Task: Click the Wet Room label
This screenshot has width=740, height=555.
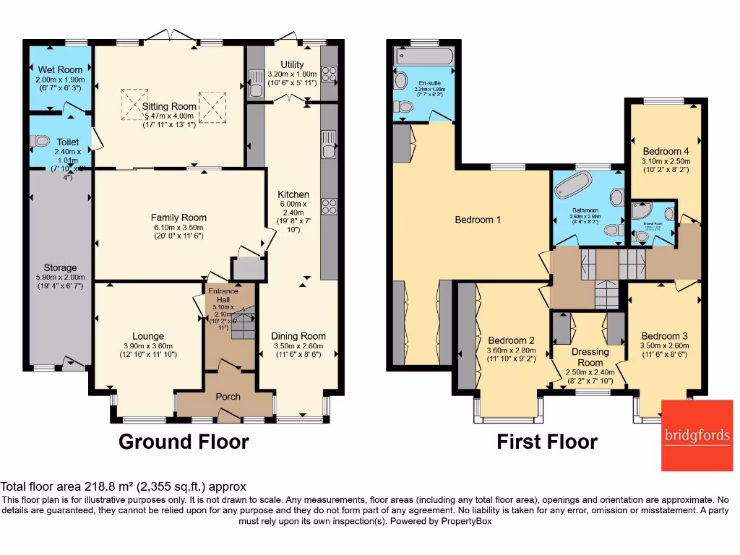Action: [60, 70]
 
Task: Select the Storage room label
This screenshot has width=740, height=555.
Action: [60, 267]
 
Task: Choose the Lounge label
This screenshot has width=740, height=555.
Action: [147, 336]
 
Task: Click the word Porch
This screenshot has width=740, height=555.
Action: [228, 396]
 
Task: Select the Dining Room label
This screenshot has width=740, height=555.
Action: [298, 336]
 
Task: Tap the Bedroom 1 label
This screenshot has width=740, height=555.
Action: [478, 220]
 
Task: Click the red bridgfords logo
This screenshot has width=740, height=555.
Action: [697, 435]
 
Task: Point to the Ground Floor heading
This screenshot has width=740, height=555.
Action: [184, 442]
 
